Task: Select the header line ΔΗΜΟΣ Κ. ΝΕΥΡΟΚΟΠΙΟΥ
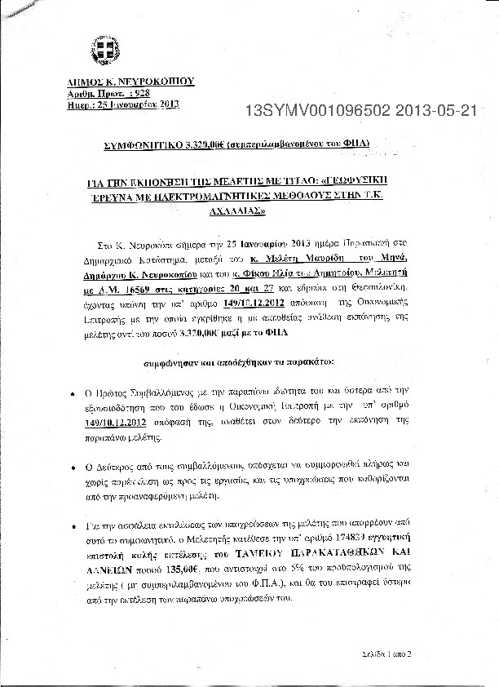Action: click(130, 82)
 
